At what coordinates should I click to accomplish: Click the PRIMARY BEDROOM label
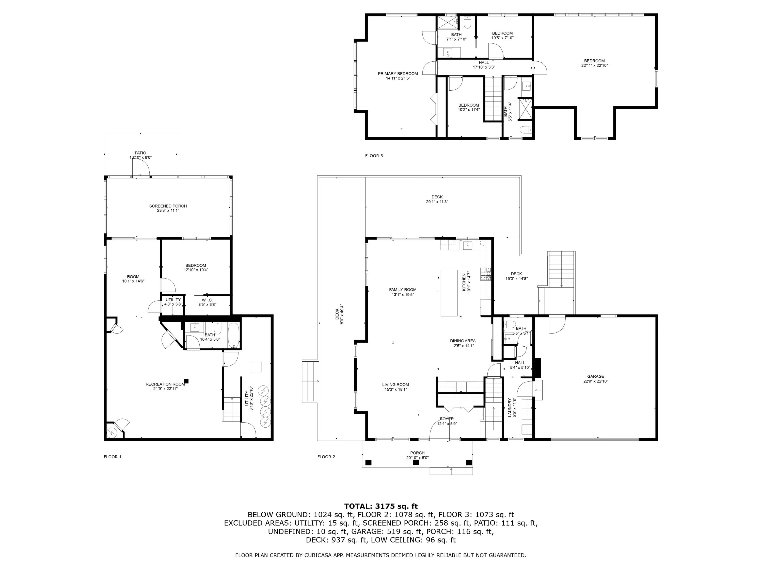click(x=398, y=74)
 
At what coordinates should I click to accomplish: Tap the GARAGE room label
click(x=596, y=377)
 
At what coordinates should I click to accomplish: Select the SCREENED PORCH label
click(x=168, y=206)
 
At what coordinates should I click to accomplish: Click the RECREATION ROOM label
click(x=165, y=384)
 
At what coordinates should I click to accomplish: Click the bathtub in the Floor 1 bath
click(x=234, y=335)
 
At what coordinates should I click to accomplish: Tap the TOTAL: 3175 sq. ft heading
click(x=381, y=506)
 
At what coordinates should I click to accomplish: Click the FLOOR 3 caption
click(x=374, y=156)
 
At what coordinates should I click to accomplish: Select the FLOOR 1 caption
click(x=113, y=457)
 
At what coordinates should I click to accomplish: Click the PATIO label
click(x=140, y=153)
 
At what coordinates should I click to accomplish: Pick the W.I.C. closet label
click(x=207, y=300)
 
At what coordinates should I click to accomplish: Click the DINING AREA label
click(x=463, y=341)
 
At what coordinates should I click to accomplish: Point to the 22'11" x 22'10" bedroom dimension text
click(x=595, y=65)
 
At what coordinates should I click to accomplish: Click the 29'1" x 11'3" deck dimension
click(x=437, y=202)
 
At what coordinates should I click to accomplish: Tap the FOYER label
click(x=447, y=419)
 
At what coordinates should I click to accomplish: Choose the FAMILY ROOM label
click(x=403, y=290)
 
